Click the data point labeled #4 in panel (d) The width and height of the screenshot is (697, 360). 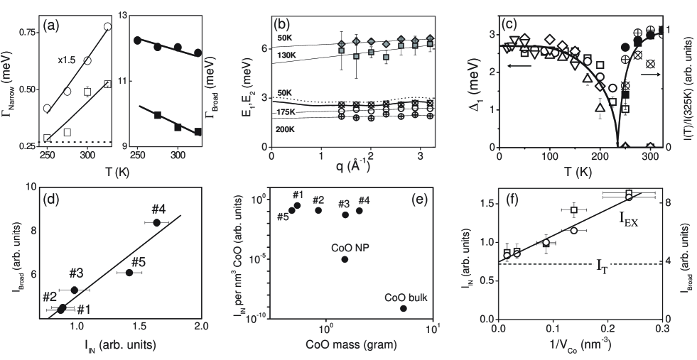[156, 223]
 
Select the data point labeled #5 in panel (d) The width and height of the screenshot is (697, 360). [129, 273]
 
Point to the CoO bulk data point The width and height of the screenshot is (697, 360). [404, 308]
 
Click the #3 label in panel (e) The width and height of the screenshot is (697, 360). [344, 204]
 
